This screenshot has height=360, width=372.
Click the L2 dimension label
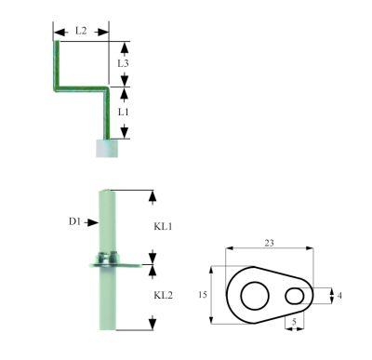point(81,32)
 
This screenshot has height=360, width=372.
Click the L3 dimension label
point(123,62)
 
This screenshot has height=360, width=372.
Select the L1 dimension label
point(123,112)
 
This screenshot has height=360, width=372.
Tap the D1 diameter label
point(75,221)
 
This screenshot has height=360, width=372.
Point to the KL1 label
point(164,226)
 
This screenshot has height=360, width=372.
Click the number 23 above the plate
point(268,243)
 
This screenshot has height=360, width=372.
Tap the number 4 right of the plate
point(339,295)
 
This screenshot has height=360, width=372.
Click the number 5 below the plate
point(296,323)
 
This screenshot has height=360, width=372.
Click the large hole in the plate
point(254,296)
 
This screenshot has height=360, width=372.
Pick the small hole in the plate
point(296,295)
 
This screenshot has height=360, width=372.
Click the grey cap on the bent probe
point(108,147)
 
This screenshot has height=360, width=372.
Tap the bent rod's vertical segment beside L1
point(108,113)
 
